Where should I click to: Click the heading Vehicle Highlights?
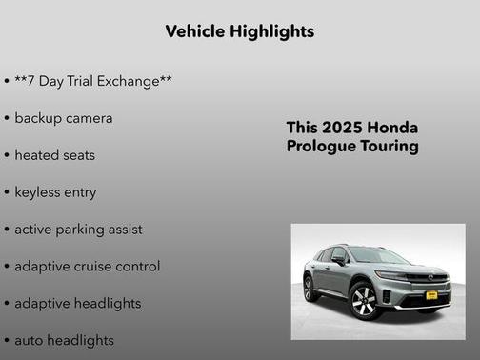239,31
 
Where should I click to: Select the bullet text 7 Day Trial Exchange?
93,81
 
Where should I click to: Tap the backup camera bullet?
63,118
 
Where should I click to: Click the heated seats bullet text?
54,155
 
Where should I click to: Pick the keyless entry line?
55,192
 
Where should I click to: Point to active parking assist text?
78,230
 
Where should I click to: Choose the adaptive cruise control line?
87,267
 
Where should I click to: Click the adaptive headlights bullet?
77,304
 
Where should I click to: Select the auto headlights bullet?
64,340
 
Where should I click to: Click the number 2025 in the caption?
342,128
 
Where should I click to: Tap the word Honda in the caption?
392,128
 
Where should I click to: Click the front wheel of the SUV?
364,302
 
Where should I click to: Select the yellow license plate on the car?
430,296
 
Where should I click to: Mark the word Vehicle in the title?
195,31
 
